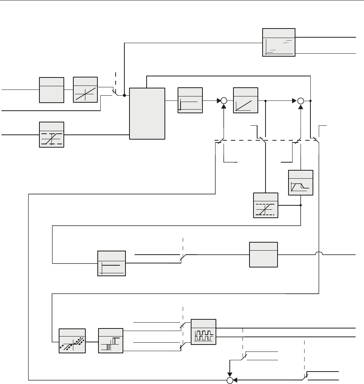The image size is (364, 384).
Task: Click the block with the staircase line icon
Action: pyautogui.click(x=279, y=42)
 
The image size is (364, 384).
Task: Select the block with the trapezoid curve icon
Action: pyautogui.click(x=301, y=182)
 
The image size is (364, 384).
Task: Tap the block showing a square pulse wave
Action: pyautogui.click(x=204, y=332)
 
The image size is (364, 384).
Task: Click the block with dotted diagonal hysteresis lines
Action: pyautogui.click(x=72, y=340)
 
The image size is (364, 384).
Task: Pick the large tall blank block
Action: pyautogui.click(x=147, y=113)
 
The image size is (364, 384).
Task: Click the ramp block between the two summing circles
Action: pyautogui.click(x=245, y=100)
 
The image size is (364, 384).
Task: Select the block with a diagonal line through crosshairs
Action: pyautogui.click(x=85, y=90)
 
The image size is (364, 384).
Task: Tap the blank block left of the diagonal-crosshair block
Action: pyautogui.click(x=51, y=90)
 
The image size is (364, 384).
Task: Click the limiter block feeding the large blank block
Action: pyautogui.click(x=51, y=134)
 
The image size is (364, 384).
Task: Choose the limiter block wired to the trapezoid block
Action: pyautogui.click(x=266, y=205)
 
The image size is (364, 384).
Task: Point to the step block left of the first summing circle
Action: pyautogui.click(x=190, y=100)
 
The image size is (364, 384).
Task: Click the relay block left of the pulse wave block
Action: pyautogui.click(x=111, y=340)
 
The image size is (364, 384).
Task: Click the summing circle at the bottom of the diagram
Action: pyautogui.click(x=230, y=380)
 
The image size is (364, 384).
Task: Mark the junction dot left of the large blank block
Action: pyautogui.click(x=125, y=95)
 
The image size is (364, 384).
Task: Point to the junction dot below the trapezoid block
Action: pyautogui.click(x=301, y=205)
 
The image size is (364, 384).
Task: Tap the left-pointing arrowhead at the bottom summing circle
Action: pyautogui.click(x=235, y=380)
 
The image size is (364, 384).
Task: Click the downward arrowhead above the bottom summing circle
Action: pyautogui.click(x=230, y=375)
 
